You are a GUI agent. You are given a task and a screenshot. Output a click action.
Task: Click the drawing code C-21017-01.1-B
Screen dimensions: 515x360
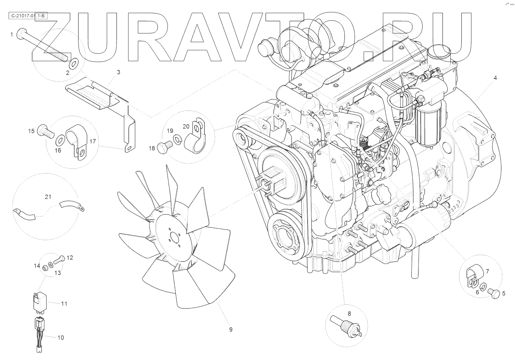[x=28, y=16]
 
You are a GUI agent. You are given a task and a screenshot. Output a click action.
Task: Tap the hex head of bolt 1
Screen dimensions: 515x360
[x=21, y=34]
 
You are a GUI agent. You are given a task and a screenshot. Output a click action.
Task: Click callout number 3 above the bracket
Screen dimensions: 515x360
[x=118, y=72]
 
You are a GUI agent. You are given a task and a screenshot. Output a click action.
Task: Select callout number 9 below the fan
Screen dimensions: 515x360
[x=231, y=330]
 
